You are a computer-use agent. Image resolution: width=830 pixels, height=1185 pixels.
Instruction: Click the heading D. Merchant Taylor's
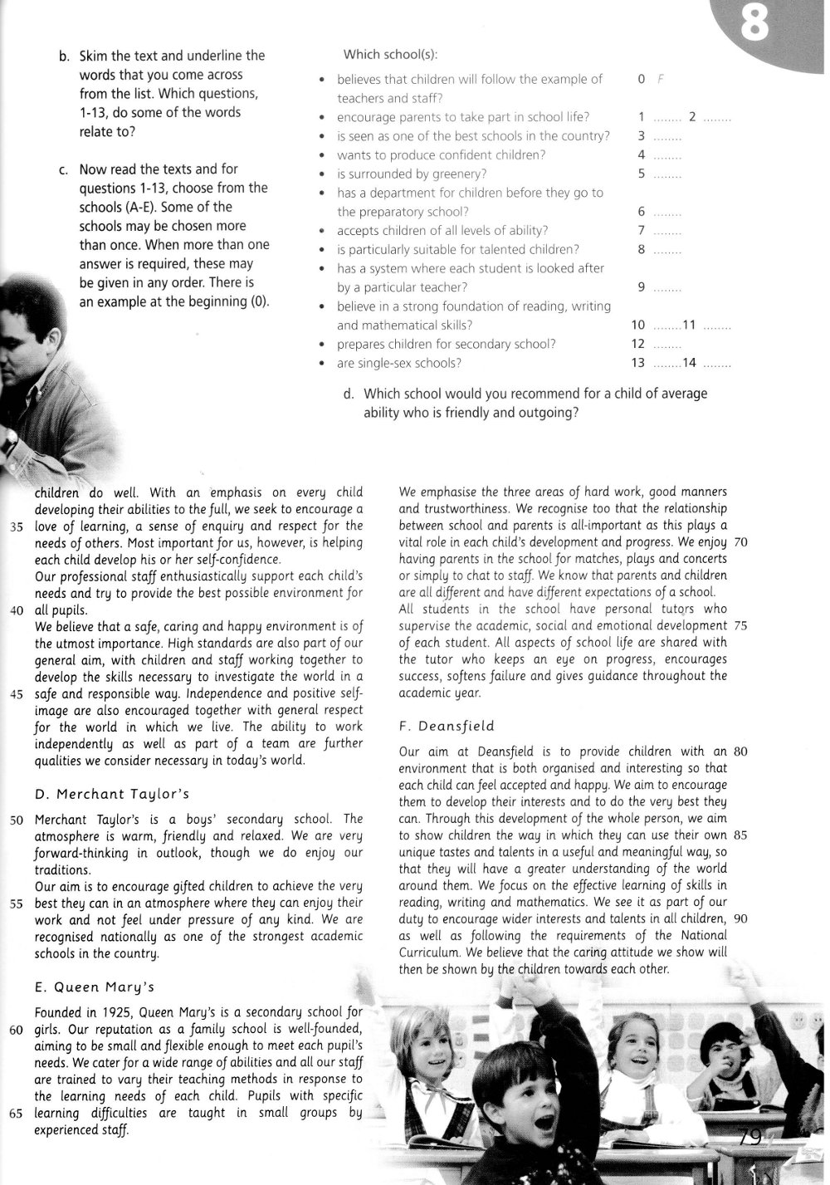113,794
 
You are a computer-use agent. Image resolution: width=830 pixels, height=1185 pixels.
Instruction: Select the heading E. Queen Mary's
95,987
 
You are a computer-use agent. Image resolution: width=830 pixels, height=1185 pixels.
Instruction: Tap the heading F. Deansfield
447,726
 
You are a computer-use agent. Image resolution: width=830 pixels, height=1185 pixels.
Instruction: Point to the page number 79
750,1137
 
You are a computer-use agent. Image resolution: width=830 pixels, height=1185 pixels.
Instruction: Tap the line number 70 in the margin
741,542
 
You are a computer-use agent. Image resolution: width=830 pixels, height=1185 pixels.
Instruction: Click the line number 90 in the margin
741,918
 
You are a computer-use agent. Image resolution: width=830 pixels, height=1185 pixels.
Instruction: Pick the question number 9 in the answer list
642,287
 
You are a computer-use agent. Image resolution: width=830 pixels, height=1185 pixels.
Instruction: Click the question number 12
638,344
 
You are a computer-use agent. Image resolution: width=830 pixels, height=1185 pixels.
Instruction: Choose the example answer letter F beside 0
661,80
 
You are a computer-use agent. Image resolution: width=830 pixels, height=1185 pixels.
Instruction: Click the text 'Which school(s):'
390,55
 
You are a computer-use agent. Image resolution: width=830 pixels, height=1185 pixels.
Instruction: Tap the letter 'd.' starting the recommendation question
349,394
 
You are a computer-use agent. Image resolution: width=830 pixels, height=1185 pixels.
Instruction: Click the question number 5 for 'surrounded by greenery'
642,174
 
